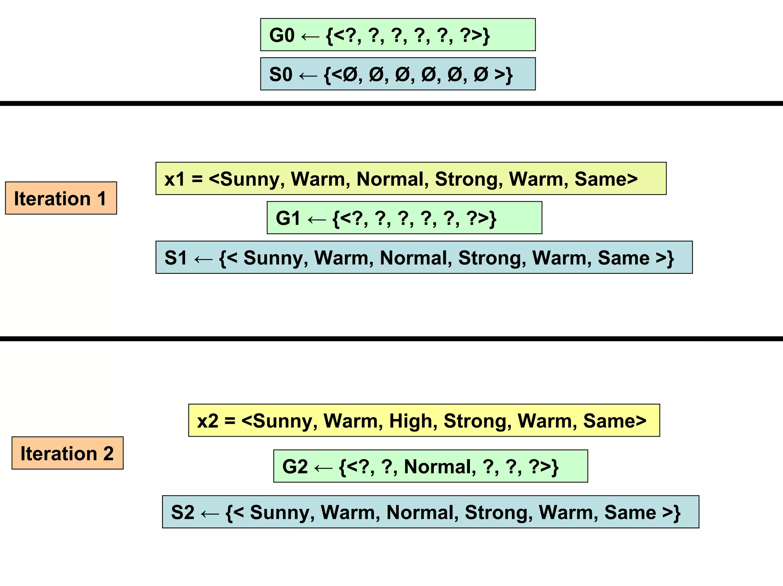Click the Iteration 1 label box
coord(60,198)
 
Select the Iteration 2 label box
coord(67,453)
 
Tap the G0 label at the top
coord(282,36)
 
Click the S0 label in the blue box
coord(281,74)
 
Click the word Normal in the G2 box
coord(440,467)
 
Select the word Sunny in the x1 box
coord(252,179)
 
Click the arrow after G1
coord(317,219)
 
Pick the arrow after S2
coord(210,513)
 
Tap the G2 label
coord(295,467)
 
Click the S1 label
coord(175,258)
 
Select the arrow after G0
coord(310,37)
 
